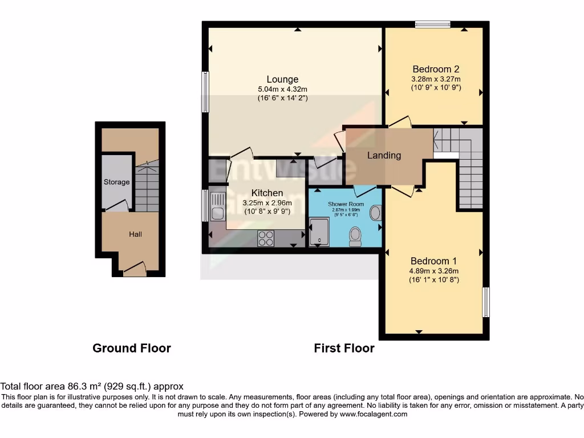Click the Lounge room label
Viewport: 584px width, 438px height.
click(282, 79)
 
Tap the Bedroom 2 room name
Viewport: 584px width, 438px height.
click(436, 69)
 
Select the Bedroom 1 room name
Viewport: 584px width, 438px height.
click(433, 261)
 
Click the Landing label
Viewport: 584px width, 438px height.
click(384, 155)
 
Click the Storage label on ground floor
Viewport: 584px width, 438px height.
click(116, 182)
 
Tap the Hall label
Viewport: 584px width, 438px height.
click(135, 234)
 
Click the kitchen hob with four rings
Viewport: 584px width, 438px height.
click(266, 238)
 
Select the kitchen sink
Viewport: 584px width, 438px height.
click(217, 206)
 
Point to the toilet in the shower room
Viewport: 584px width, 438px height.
click(355, 235)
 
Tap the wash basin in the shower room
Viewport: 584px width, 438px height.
click(376, 213)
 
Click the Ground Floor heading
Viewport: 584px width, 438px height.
click(132, 348)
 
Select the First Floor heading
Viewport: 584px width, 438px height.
click(344, 348)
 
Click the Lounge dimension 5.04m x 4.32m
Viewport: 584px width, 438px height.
click(282, 89)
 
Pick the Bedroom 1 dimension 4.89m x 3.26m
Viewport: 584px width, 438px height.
click(434, 271)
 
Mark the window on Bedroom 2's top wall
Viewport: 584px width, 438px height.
click(432, 24)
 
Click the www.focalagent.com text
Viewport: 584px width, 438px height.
click(374, 415)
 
